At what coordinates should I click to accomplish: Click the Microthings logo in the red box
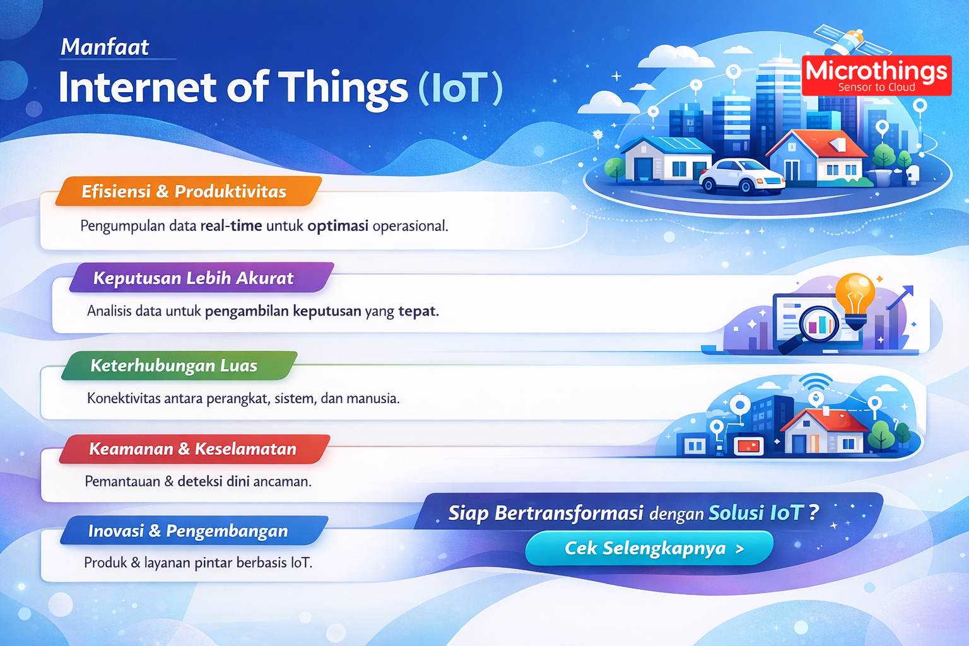point(876,75)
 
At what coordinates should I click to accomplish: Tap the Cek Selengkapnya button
point(649,548)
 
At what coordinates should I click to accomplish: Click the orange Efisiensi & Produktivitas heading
point(185,192)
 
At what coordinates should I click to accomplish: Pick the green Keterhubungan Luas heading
point(175,366)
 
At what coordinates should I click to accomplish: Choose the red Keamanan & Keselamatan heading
point(193,449)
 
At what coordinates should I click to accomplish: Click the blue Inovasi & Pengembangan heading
point(189,531)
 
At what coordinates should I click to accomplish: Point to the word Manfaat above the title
point(105,47)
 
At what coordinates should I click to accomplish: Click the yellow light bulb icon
point(855,297)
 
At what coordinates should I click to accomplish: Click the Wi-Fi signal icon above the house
point(816,382)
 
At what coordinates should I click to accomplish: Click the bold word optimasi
point(338,226)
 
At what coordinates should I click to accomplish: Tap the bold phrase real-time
point(231,226)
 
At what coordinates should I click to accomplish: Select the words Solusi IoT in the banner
point(755,513)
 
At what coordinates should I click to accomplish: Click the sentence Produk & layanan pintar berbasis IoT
point(198,563)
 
